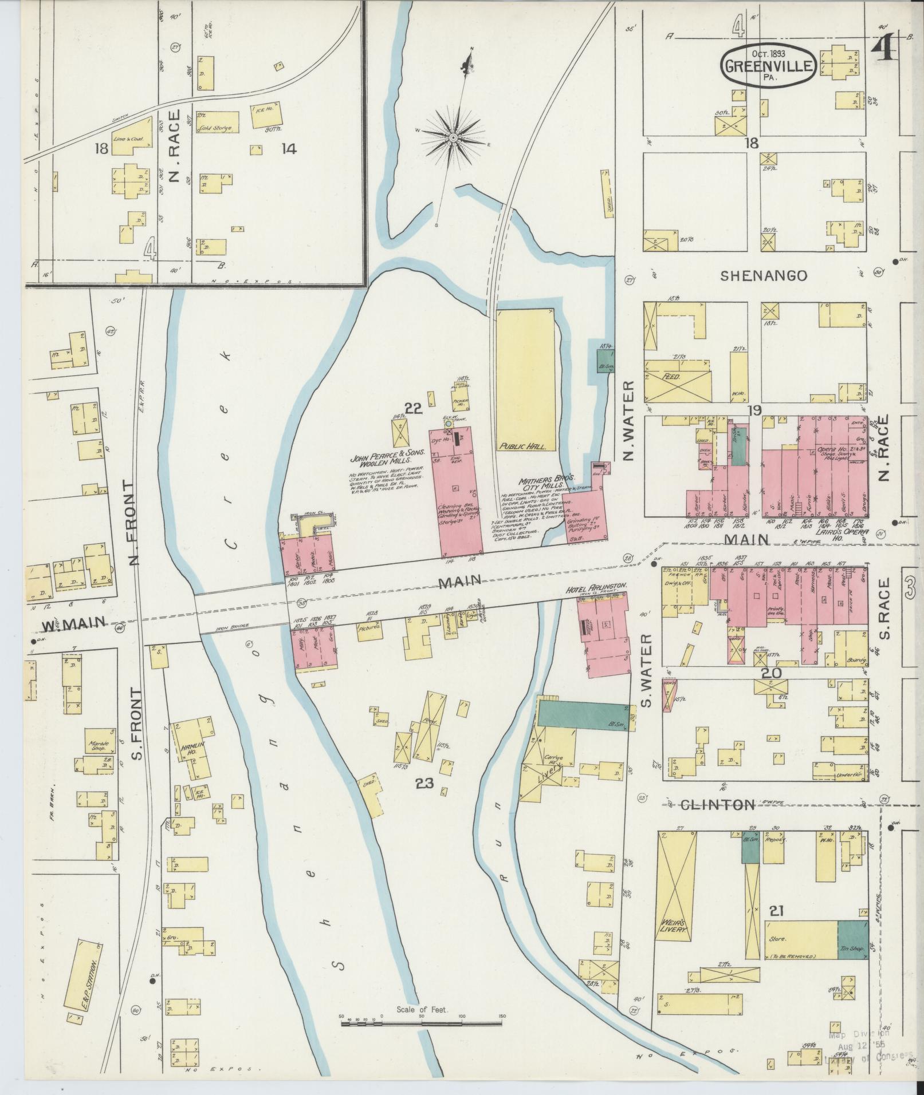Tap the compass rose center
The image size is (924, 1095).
click(x=453, y=138)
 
